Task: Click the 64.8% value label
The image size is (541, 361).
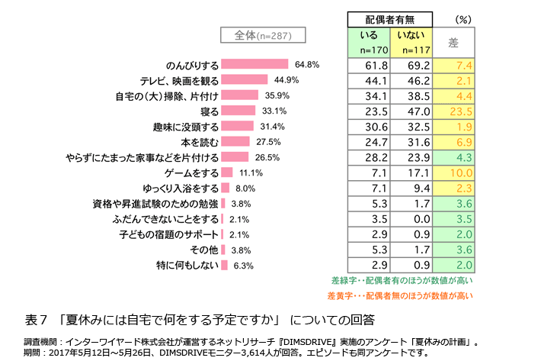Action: pyautogui.click(x=306, y=64)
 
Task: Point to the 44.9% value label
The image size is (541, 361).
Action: pyautogui.click(x=286, y=80)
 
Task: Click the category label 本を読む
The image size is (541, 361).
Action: pyautogui.click(x=200, y=142)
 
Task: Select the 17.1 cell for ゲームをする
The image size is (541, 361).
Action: pyautogui.click(x=411, y=173)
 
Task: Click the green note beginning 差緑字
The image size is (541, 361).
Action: pyautogui.click(x=402, y=280)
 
